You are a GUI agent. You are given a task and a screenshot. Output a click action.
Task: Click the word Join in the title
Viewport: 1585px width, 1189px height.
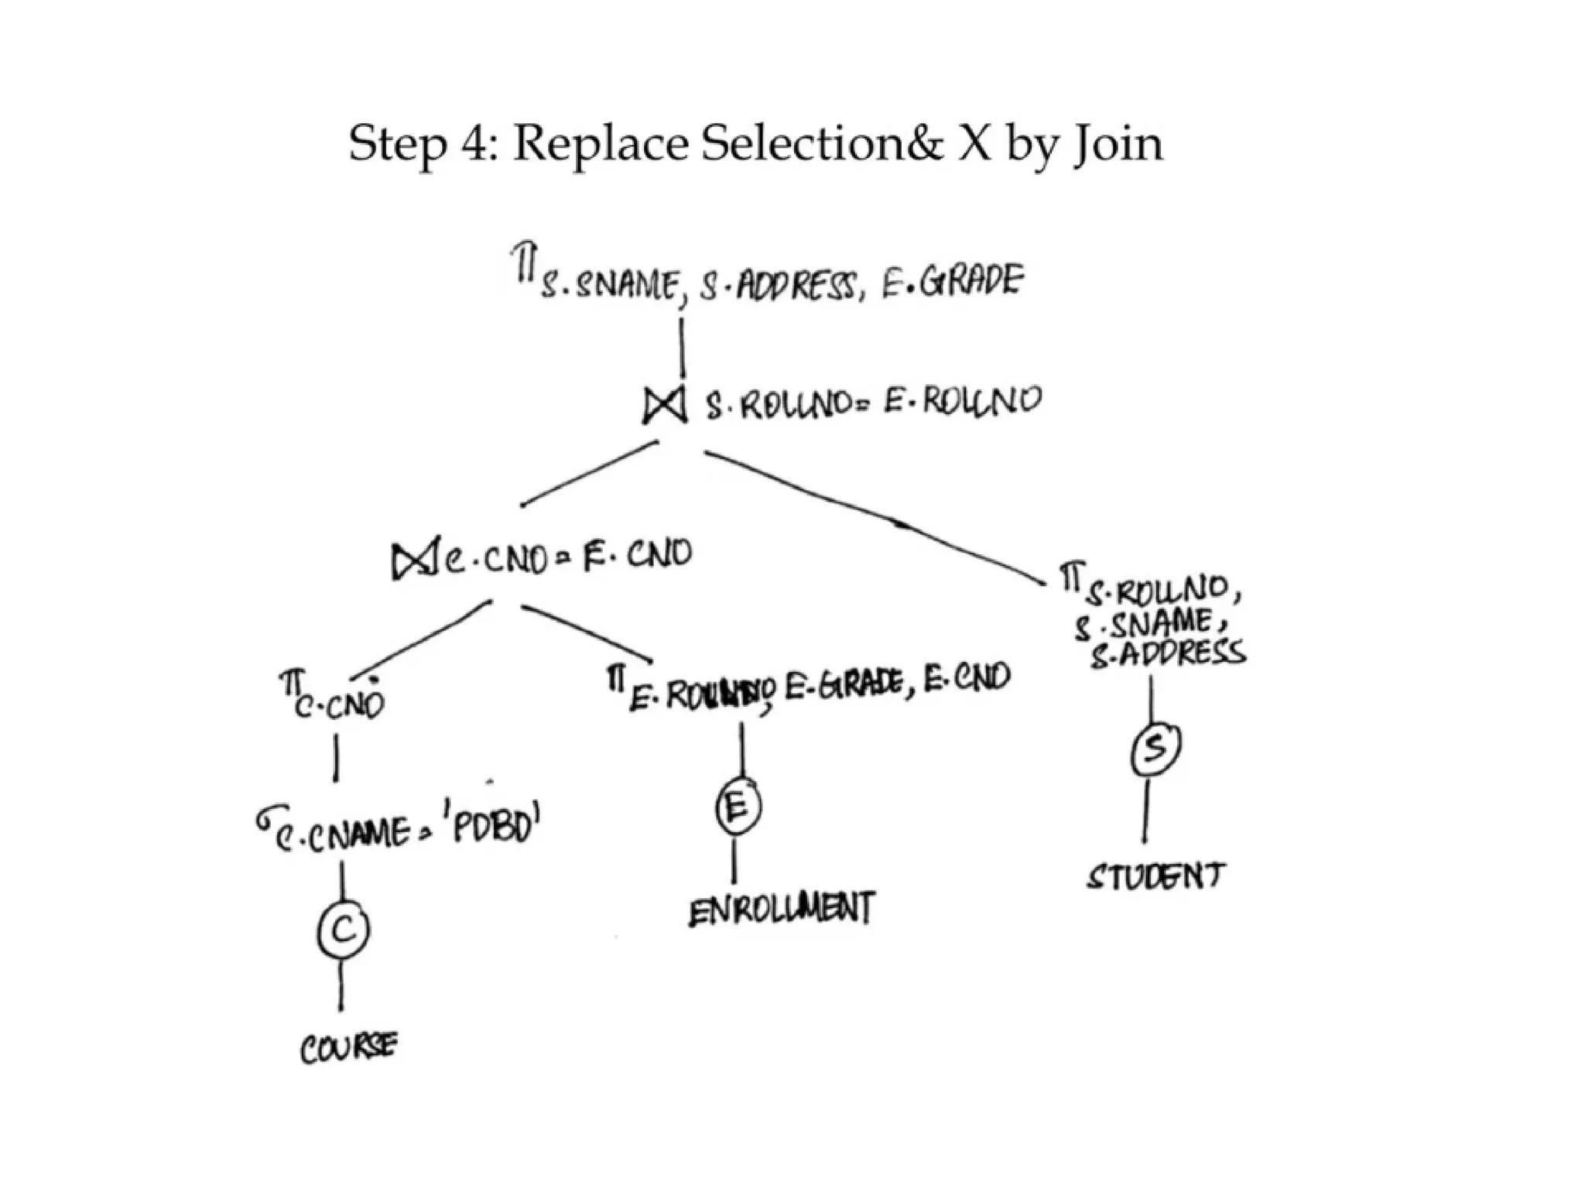[1118, 145]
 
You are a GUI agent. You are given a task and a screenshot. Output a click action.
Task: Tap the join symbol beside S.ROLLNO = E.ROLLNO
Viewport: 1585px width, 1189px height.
[665, 404]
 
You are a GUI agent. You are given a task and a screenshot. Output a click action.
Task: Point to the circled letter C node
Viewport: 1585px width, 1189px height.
[343, 930]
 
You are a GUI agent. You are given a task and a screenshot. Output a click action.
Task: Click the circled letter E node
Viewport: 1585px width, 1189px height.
[738, 808]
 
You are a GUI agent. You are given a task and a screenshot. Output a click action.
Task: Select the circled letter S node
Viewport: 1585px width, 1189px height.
[1155, 749]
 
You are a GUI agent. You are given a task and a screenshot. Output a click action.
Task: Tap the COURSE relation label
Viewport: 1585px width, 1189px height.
[348, 1048]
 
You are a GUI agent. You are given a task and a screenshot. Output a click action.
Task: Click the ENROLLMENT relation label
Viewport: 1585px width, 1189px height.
[782, 909]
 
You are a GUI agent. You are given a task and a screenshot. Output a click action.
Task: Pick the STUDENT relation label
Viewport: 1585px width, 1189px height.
[1155, 876]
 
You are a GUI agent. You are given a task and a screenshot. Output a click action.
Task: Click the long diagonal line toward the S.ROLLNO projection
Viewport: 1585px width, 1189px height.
[875, 515]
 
